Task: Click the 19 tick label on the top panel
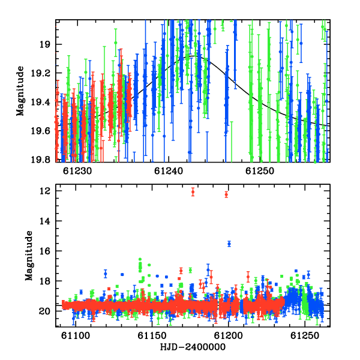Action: tap(44, 44)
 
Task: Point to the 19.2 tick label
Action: tap(40, 73)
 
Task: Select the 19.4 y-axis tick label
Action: tap(40, 102)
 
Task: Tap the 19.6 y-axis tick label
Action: tap(40, 131)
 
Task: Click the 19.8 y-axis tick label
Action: tap(40, 160)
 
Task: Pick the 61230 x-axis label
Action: tap(77, 171)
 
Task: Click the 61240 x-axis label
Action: tap(169, 171)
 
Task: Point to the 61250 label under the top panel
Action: tap(260, 171)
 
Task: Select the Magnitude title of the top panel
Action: tap(20, 91)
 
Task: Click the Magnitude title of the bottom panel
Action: tap(29, 256)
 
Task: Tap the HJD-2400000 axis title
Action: tap(193, 347)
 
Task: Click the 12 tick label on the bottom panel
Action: tap(44, 191)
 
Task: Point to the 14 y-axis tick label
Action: tap(44, 221)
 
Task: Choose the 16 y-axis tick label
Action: tap(44, 251)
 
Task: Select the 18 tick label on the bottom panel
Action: tap(44, 281)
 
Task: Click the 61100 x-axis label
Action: tap(76, 335)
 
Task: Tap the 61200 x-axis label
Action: tap(228, 335)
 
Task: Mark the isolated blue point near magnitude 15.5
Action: tap(229, 244)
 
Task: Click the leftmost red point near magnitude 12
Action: tap(193, 192)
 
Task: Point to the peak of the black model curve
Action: tap(193, 56)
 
